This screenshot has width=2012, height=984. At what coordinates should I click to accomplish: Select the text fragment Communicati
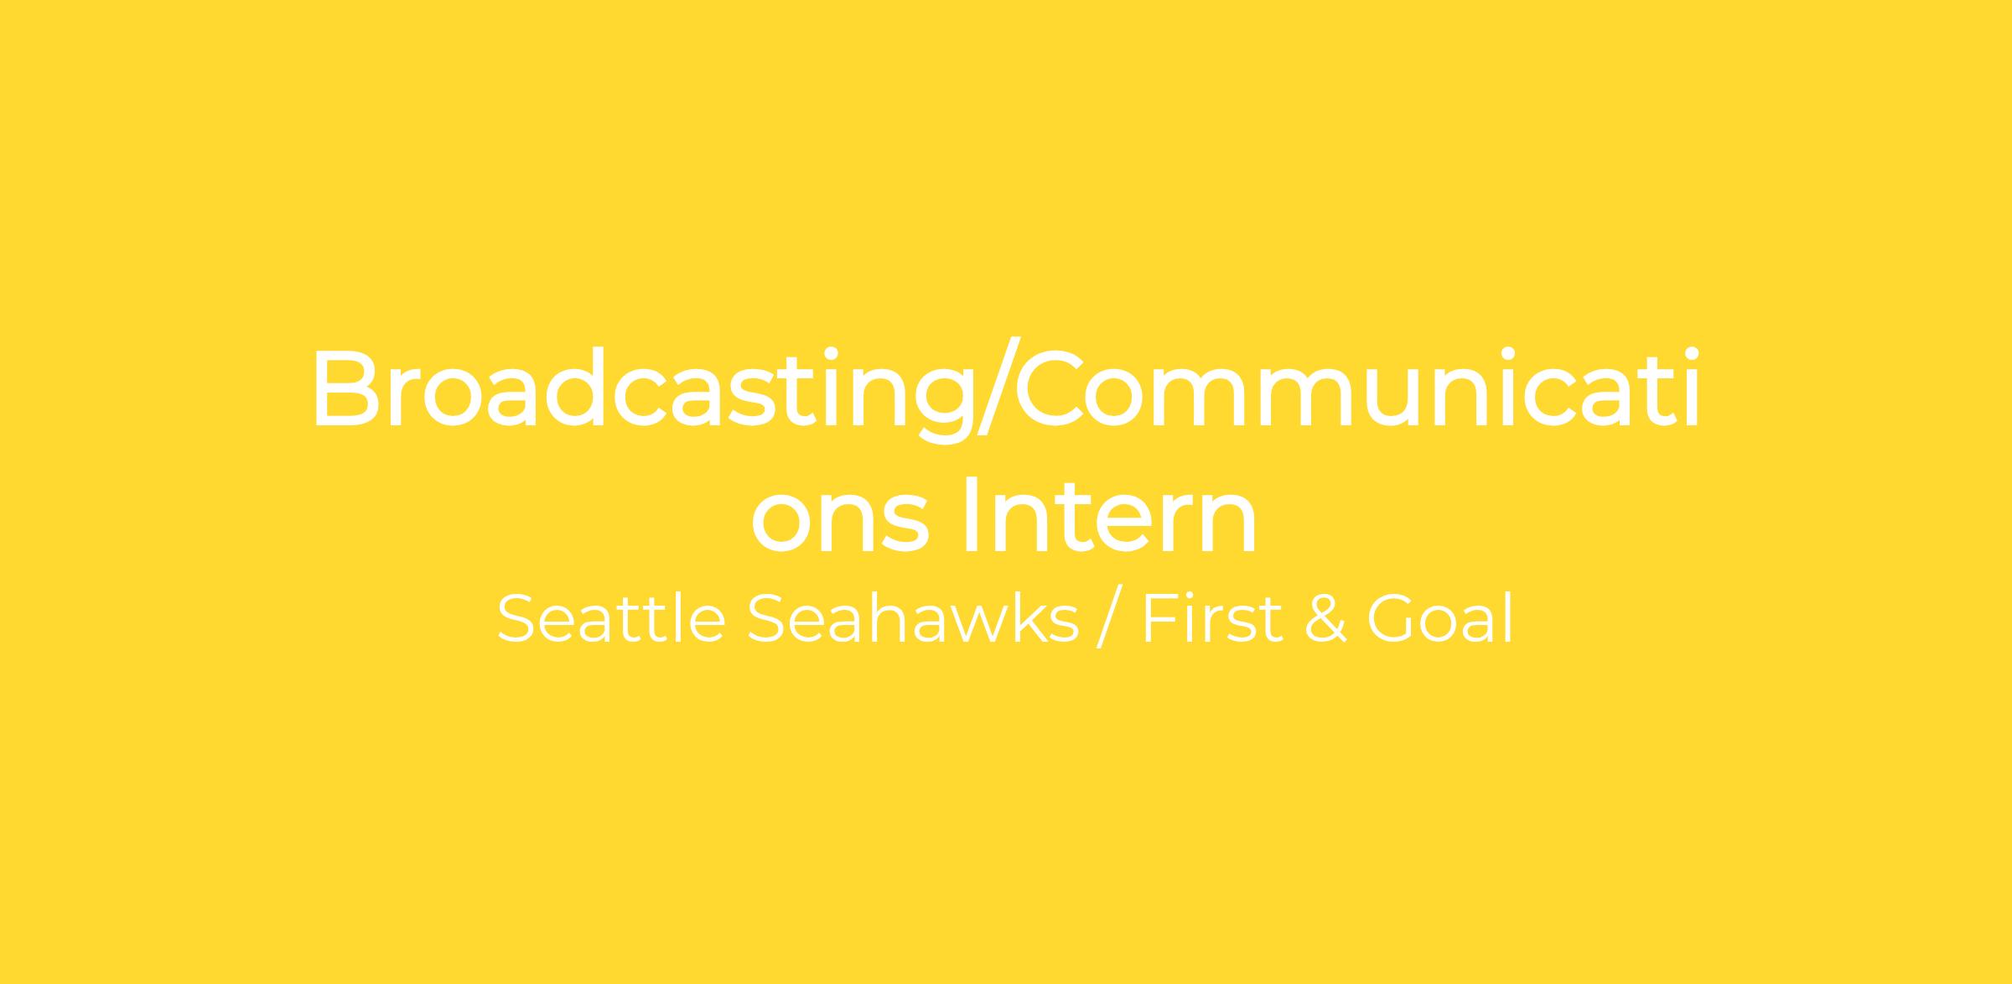click(1358, 387)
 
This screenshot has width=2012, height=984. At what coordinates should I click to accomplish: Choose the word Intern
click(1112, 513)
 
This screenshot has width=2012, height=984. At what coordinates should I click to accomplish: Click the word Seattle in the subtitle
click(611, 619)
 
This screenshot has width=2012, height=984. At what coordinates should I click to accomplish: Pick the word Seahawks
click(913, 619)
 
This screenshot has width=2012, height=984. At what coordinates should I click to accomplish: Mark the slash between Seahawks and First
click(1109, 620)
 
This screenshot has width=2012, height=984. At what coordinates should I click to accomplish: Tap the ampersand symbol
click(1325, 620)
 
